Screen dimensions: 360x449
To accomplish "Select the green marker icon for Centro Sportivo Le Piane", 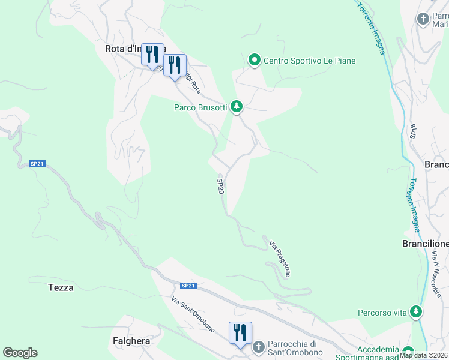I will click(254, 60).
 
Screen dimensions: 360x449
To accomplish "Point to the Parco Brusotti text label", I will click(200, 107).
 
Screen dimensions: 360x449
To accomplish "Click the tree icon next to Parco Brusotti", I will click(237, 107).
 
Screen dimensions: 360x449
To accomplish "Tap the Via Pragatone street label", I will click(280, 259).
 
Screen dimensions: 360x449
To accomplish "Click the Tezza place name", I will click(61, 287).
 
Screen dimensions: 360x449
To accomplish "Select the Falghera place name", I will click(131, 340).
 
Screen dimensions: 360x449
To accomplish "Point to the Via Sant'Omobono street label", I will click(193, 315).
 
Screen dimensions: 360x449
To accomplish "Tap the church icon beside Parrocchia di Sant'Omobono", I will click(258, 347).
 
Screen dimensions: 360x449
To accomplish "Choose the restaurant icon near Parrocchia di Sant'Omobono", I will click(240, 332).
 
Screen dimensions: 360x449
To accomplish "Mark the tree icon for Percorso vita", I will click(415, 311).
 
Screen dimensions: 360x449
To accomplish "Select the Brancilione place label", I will click(425, 244).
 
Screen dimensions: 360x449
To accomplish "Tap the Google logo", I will click(20, 353).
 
